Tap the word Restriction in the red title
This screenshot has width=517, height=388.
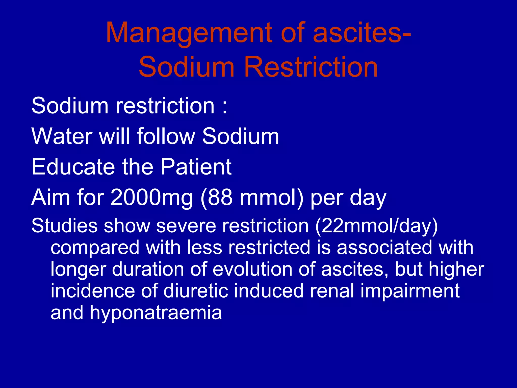(311, 67)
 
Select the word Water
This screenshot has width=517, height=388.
(62, 136)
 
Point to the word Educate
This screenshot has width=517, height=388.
(73, 167)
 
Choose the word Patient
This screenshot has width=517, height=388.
(196, 167)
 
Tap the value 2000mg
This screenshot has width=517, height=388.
(152, 198)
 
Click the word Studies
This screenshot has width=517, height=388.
(64, 225)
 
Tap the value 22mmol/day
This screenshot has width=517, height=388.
(376, 226)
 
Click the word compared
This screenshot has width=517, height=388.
(95, 248)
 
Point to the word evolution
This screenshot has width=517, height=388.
(252, 269)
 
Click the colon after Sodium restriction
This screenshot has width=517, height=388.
(225, 106)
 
